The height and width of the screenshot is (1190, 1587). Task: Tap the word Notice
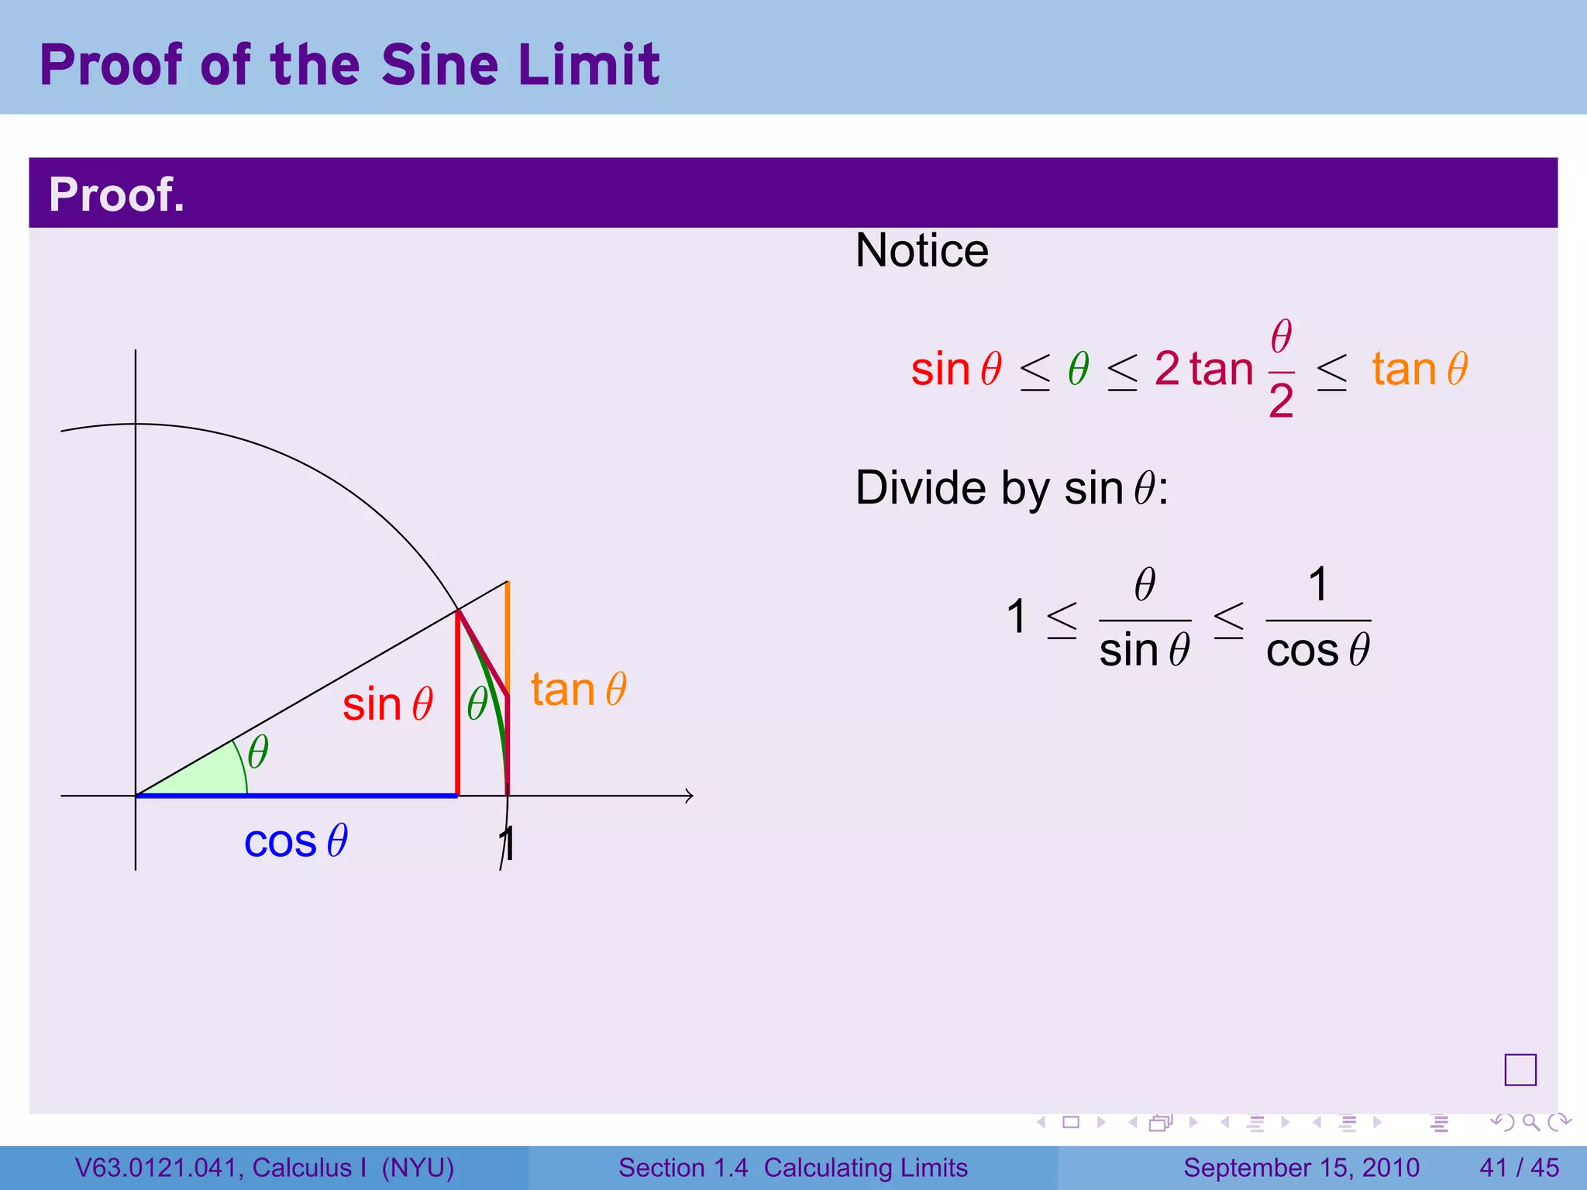tap(921, 251)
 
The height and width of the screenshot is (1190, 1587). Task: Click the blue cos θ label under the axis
tap(296, 841)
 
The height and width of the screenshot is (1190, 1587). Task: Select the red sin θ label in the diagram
tap(387, 704)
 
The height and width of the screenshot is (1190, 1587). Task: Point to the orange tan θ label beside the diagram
tap(578, 689)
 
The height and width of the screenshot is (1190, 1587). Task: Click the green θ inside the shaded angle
tap(257, 751)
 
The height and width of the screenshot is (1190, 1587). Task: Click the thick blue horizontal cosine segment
tap(310, 795)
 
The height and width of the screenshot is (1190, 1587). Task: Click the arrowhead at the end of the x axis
tap(689, 796)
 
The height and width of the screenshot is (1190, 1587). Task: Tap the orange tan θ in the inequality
tap(1420, 369)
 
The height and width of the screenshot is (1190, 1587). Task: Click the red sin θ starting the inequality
tap(956, 369)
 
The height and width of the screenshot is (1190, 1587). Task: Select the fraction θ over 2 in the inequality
tap(1281, 370)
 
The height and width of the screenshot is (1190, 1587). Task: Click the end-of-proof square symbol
tap(1520, 1070)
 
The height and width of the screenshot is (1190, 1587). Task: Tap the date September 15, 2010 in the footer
tap(1301, 1168)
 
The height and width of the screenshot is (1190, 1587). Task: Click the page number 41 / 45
tap(1519, 1168)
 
